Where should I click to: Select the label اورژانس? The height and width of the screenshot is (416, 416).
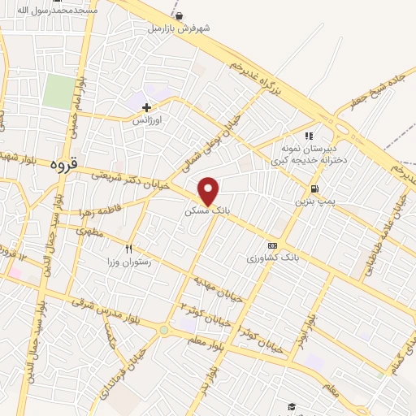(x=148, y=119)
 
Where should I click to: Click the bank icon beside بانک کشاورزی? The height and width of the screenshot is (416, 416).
(x=272, y=246)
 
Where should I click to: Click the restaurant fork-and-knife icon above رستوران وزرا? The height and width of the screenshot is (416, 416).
(x=128, y=249)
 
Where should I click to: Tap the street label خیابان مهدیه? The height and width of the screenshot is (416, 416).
(x=218, y=288)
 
